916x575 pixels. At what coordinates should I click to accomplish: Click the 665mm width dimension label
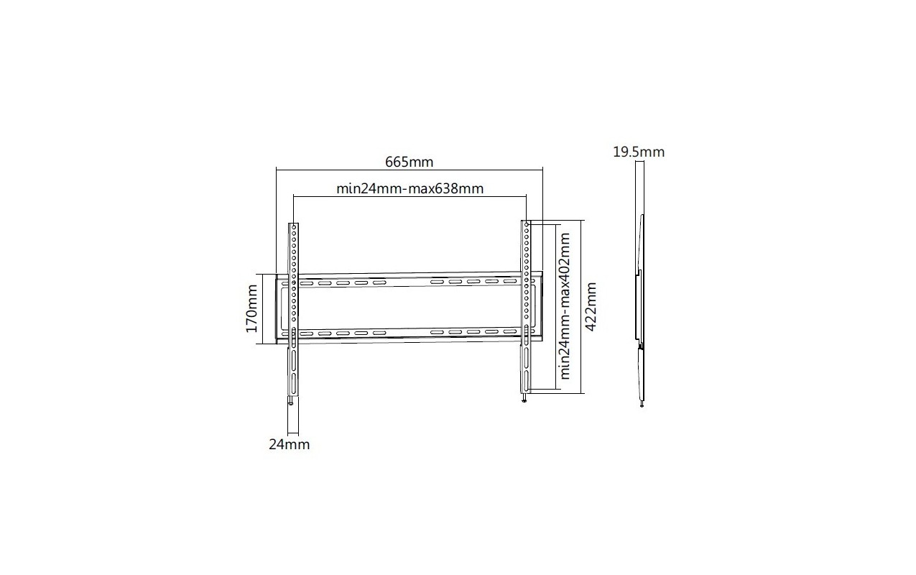pyautogui.click(x=409, y=162)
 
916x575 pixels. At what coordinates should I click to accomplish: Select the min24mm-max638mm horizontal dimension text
pyautogui.click(x=410, y=188)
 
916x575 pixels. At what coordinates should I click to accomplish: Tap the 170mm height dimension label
pyautogui.click(x=251, y=308)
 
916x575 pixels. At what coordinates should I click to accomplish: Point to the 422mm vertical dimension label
pyautogui.click(x=591, y=306)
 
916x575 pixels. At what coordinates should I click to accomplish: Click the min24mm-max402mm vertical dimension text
pyautogui.click(x=564, y=306)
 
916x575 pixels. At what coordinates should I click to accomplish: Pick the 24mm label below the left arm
pyautogui.click(x=289, y=444)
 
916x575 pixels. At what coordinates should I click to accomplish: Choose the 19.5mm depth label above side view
pyautogui.click(x=639, y=152)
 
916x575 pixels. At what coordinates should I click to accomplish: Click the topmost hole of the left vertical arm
pyautogui.click(x=294, y=227)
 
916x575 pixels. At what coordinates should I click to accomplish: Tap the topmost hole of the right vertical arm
pyautogui.click(x=527, y=225)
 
